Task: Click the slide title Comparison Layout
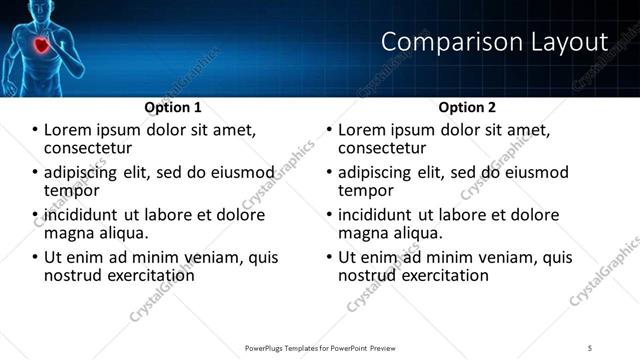pos(495,42)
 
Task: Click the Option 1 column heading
pos(172,107)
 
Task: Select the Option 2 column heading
pos(467,107)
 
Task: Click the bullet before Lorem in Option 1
pos(35,130)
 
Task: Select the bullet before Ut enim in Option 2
pos(330,257)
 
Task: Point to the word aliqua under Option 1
pos(125,233)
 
